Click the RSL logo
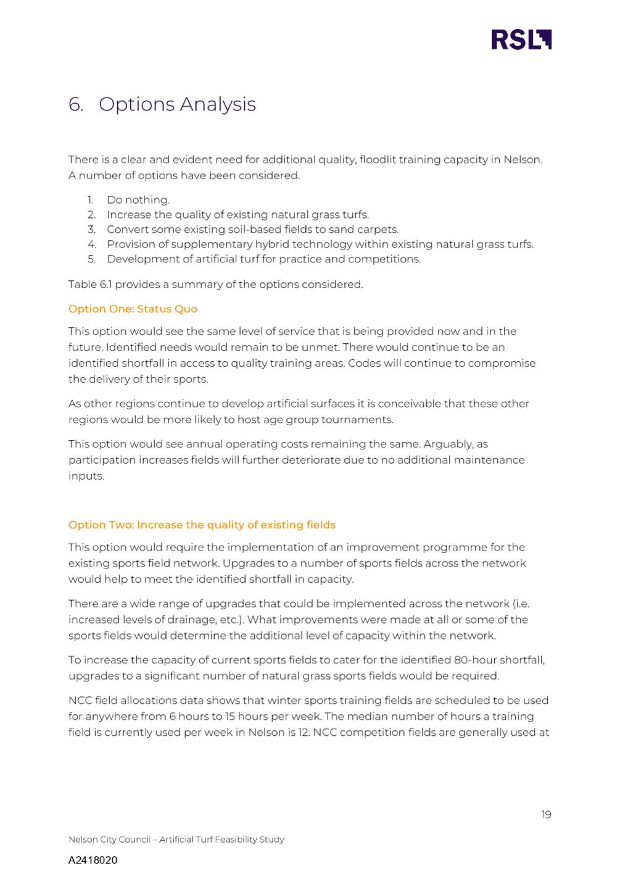(521, 39)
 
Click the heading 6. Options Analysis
(162, 104)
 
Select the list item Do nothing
(138, 200)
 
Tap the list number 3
(91, 230)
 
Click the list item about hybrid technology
(320, 244)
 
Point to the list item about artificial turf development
(263, 259)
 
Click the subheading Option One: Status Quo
(133, 309)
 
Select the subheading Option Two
(202, 525)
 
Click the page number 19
(546, 815)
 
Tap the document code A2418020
(93, 860)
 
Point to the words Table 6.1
(90, 285)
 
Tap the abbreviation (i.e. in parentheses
(529, 604)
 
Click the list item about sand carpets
(252, 230)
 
